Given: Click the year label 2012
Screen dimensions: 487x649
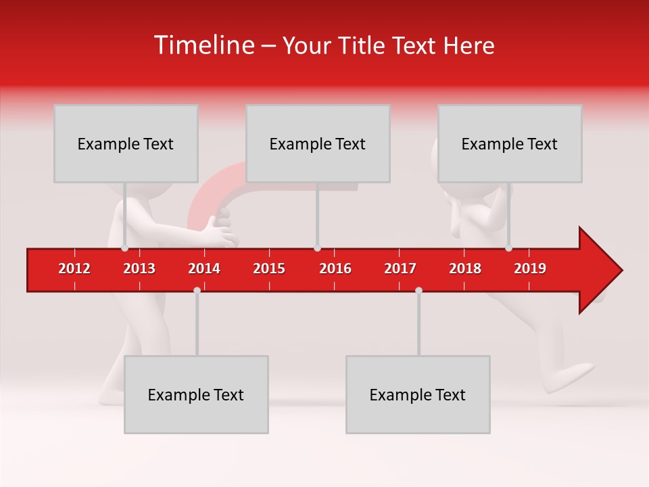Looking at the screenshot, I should click(x=74, y=269).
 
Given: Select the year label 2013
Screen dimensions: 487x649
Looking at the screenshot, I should click(x=139, y=269).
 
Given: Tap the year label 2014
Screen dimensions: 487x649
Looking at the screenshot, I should click(x=204, y=269).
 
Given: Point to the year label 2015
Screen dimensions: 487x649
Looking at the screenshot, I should click(x=269, y=269).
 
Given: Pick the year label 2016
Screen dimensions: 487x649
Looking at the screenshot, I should click(x=335, y=269).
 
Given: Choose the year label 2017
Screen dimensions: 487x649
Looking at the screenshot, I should click(x=400, y=269).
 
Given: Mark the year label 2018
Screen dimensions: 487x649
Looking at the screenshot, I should click(x=465, y=269).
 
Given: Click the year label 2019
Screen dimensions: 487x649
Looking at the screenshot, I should click(x=530, y=269).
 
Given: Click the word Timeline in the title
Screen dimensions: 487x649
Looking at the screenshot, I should click(x=203, y=45).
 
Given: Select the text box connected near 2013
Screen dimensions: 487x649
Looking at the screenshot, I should click(x=126, y=143).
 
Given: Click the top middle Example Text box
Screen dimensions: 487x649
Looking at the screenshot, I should click(x=318, y=143).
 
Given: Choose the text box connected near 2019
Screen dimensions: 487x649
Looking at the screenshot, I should click(x=510, y=143).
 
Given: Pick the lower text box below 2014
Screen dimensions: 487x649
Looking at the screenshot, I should click(x=196, y=394).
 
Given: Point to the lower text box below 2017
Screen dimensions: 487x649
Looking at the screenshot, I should click(x=418, y=394).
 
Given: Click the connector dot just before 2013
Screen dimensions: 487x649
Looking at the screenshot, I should click(x=124, y=248).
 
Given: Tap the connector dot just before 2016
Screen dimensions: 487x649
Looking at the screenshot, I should click(x=318, y=248).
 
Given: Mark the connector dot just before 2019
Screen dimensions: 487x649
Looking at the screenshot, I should click(x=508, y=248).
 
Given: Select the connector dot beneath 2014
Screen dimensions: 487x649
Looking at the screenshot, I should click(x=197, y=290).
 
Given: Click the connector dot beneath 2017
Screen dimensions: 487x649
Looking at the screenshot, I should click(x=418, y=290).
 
